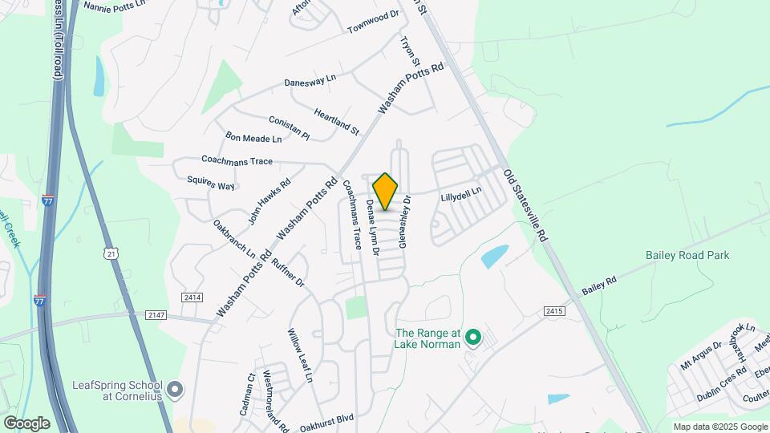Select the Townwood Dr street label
[373, 22]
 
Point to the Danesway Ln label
[310, 80]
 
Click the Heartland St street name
[337, 121]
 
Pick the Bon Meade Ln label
[253, 138]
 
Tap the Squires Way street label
[210, 184]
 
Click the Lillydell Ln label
[461, 192]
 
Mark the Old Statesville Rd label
[525, 205]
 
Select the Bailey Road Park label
[687, 255]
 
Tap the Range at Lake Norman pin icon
[473, 338]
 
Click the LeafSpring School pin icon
[176, 390]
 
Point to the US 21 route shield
[111, 253]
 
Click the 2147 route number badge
[156, 315]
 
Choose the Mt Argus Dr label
[701, 353]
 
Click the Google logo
[26, 423]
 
